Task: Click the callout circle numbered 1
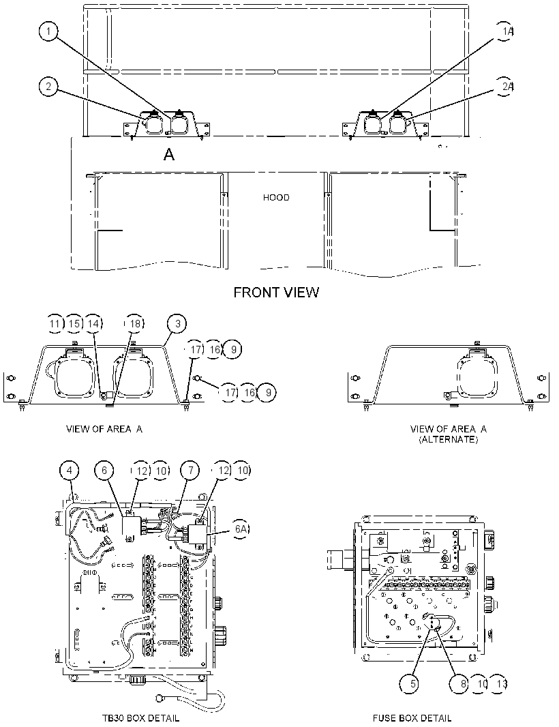48,31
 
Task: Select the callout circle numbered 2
48,86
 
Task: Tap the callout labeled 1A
504,31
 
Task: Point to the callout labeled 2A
504,87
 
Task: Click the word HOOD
276,198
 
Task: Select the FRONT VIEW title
276,292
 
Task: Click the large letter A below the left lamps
169,154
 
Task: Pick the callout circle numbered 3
177,324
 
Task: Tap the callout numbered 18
134,324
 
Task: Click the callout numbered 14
93,324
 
